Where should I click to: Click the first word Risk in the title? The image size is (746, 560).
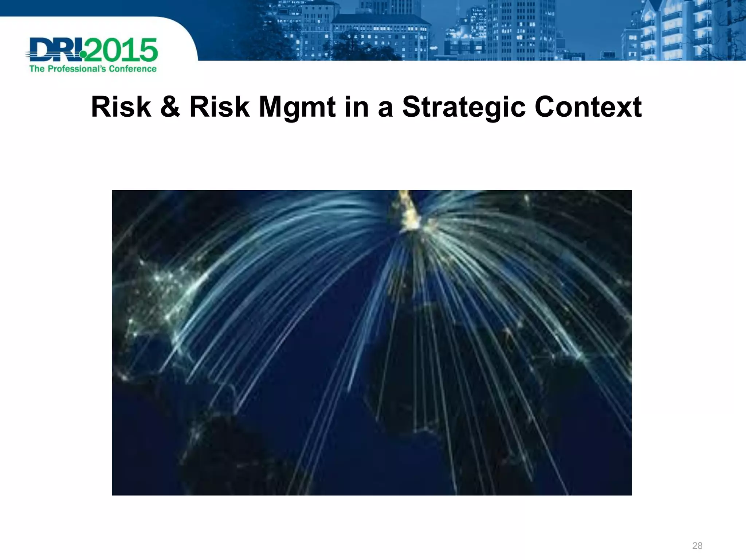[x=121, y=107]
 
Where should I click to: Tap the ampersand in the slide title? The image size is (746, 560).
[x=170, y=107]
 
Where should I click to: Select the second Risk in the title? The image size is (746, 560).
[x=219, y=107]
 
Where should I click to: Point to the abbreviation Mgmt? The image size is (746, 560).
[x=297, y=108]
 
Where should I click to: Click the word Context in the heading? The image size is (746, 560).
[x=588, y=107]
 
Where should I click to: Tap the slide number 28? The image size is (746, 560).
[x=697, y=546]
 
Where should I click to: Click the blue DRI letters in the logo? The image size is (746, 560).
[x=55, y=50]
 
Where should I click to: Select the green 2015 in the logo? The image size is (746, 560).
[x=122, y=50]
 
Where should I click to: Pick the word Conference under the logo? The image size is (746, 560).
[x=133, y=69]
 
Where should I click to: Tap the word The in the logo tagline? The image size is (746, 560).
[x=37, y=69]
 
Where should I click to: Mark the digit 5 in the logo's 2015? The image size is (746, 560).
[x=148, y=50]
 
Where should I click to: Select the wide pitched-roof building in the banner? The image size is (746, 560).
[x=381, y=36]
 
